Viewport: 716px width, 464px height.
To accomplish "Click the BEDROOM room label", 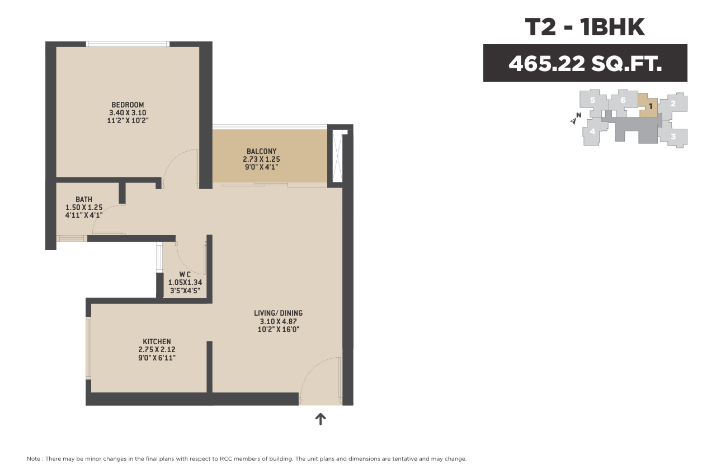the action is pos(128,105).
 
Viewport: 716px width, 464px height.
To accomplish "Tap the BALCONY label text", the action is pos(261,151).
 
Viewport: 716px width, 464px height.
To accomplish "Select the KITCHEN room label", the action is pos(157,341).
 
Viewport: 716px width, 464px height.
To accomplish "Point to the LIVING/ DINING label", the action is pos(278,313).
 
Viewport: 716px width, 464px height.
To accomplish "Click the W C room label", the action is pos(185,274).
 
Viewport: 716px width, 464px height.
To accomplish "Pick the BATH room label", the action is pos(84,199).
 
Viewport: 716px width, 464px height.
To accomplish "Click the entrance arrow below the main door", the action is pos(321,419).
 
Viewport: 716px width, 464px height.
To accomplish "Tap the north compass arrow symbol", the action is pos(573,121).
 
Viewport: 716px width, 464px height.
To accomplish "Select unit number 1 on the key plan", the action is pos(651,106).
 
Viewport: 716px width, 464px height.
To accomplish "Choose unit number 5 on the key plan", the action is pos(592,100).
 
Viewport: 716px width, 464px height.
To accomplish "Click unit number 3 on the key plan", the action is pos(673,137).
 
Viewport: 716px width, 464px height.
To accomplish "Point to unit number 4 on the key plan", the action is pos(592,131).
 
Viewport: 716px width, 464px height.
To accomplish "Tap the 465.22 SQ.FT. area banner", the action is pos(585,63).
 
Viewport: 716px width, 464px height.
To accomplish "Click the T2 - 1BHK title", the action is pos(585,27).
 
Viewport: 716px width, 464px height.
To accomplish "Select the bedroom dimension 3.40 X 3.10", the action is pos(128,113).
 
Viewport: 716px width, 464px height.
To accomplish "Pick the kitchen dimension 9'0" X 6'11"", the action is pos(157,358).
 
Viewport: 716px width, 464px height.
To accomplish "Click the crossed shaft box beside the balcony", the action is pos(337,156).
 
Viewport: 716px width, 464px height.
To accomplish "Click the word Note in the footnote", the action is pos(34,458).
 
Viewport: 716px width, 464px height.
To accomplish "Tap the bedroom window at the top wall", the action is pos(128,44).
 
